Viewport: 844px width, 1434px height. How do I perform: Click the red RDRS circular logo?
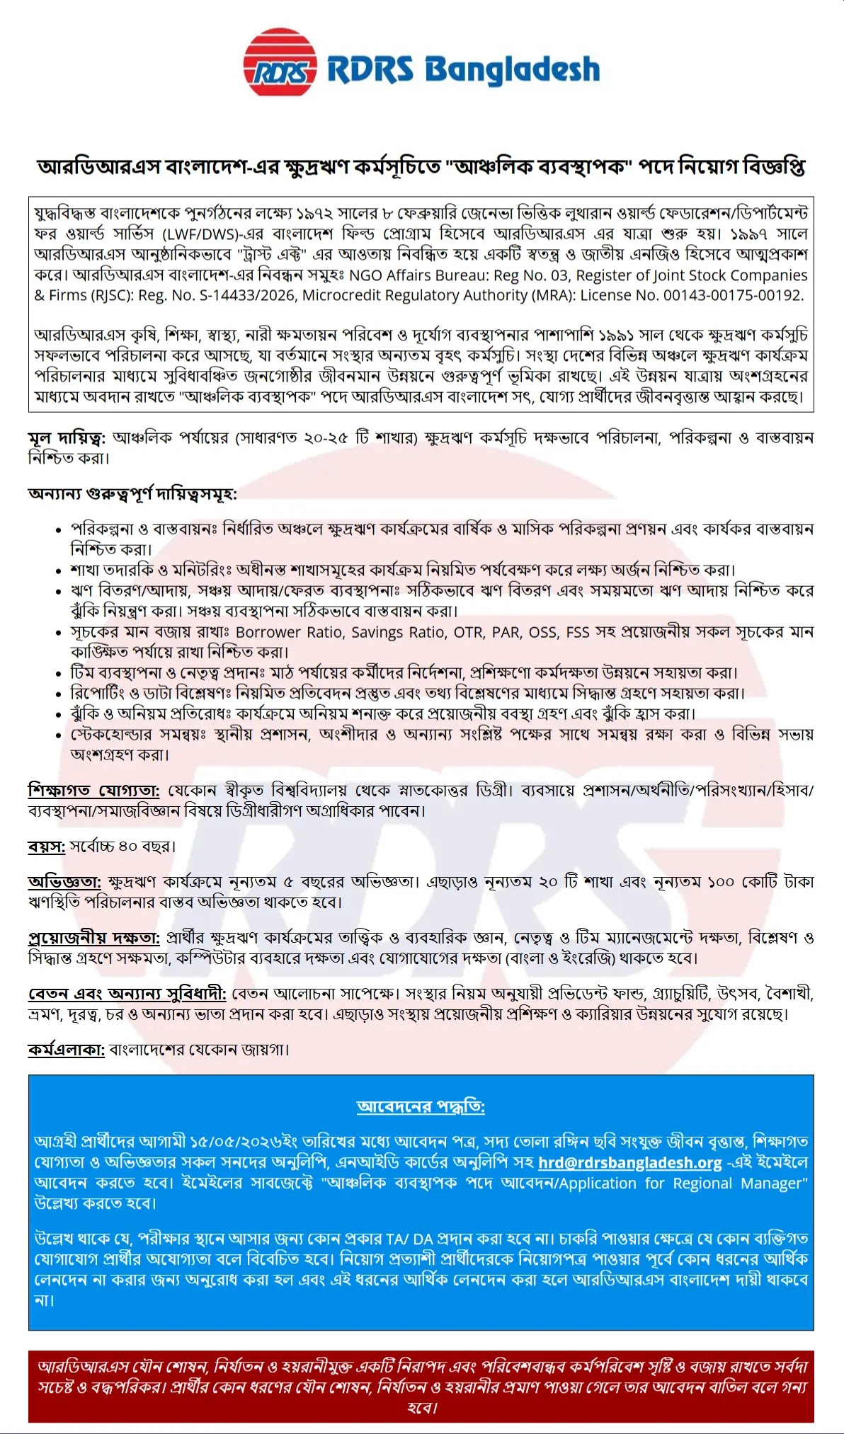click(x=279, y=62)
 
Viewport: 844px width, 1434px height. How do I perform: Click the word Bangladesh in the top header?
click(x=512, y=69)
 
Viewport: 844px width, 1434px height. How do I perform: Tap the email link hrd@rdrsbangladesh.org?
click(x=629, y=1162)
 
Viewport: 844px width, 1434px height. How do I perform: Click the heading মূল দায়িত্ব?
click(x=67, y=438)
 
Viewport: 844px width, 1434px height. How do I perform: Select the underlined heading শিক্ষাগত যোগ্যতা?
click(x=94, y=790)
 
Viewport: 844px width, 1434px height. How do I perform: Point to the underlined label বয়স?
click(x=47, y=846)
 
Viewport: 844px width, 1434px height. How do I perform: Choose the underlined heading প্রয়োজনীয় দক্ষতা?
click(x=94, y=938)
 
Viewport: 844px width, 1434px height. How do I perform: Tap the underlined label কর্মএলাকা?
click(x=67, y=1049)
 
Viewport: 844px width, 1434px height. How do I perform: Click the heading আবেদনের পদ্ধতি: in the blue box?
click(x=421, y=1106)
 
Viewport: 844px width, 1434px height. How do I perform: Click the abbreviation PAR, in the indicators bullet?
click(x=506, y=631)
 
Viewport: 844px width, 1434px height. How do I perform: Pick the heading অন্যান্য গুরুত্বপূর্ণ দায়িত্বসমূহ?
click(x=132, y=493)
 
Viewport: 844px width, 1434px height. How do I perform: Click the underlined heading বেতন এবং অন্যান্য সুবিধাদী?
click(x=127, y=994)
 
